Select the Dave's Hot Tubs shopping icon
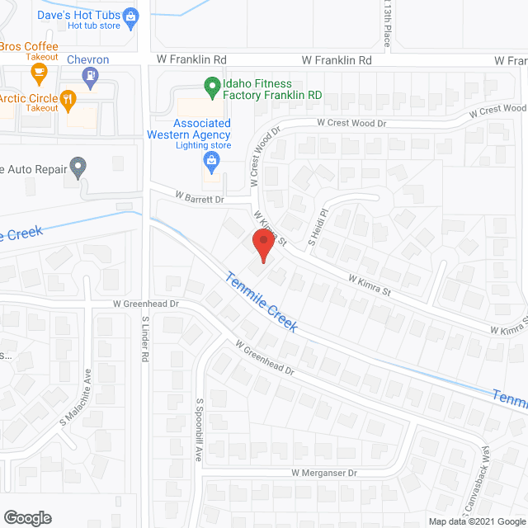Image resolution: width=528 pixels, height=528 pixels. (130, 15)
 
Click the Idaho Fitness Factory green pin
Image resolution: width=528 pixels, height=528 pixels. (212, 84)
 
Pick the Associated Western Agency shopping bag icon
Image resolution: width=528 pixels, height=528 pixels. (212, 158)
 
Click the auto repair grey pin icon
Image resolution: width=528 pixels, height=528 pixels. (78, 167)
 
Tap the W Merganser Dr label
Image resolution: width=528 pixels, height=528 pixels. (323, 474)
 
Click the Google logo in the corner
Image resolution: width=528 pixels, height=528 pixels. (26, 518)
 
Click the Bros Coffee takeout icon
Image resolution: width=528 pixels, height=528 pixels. (37, 73)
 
